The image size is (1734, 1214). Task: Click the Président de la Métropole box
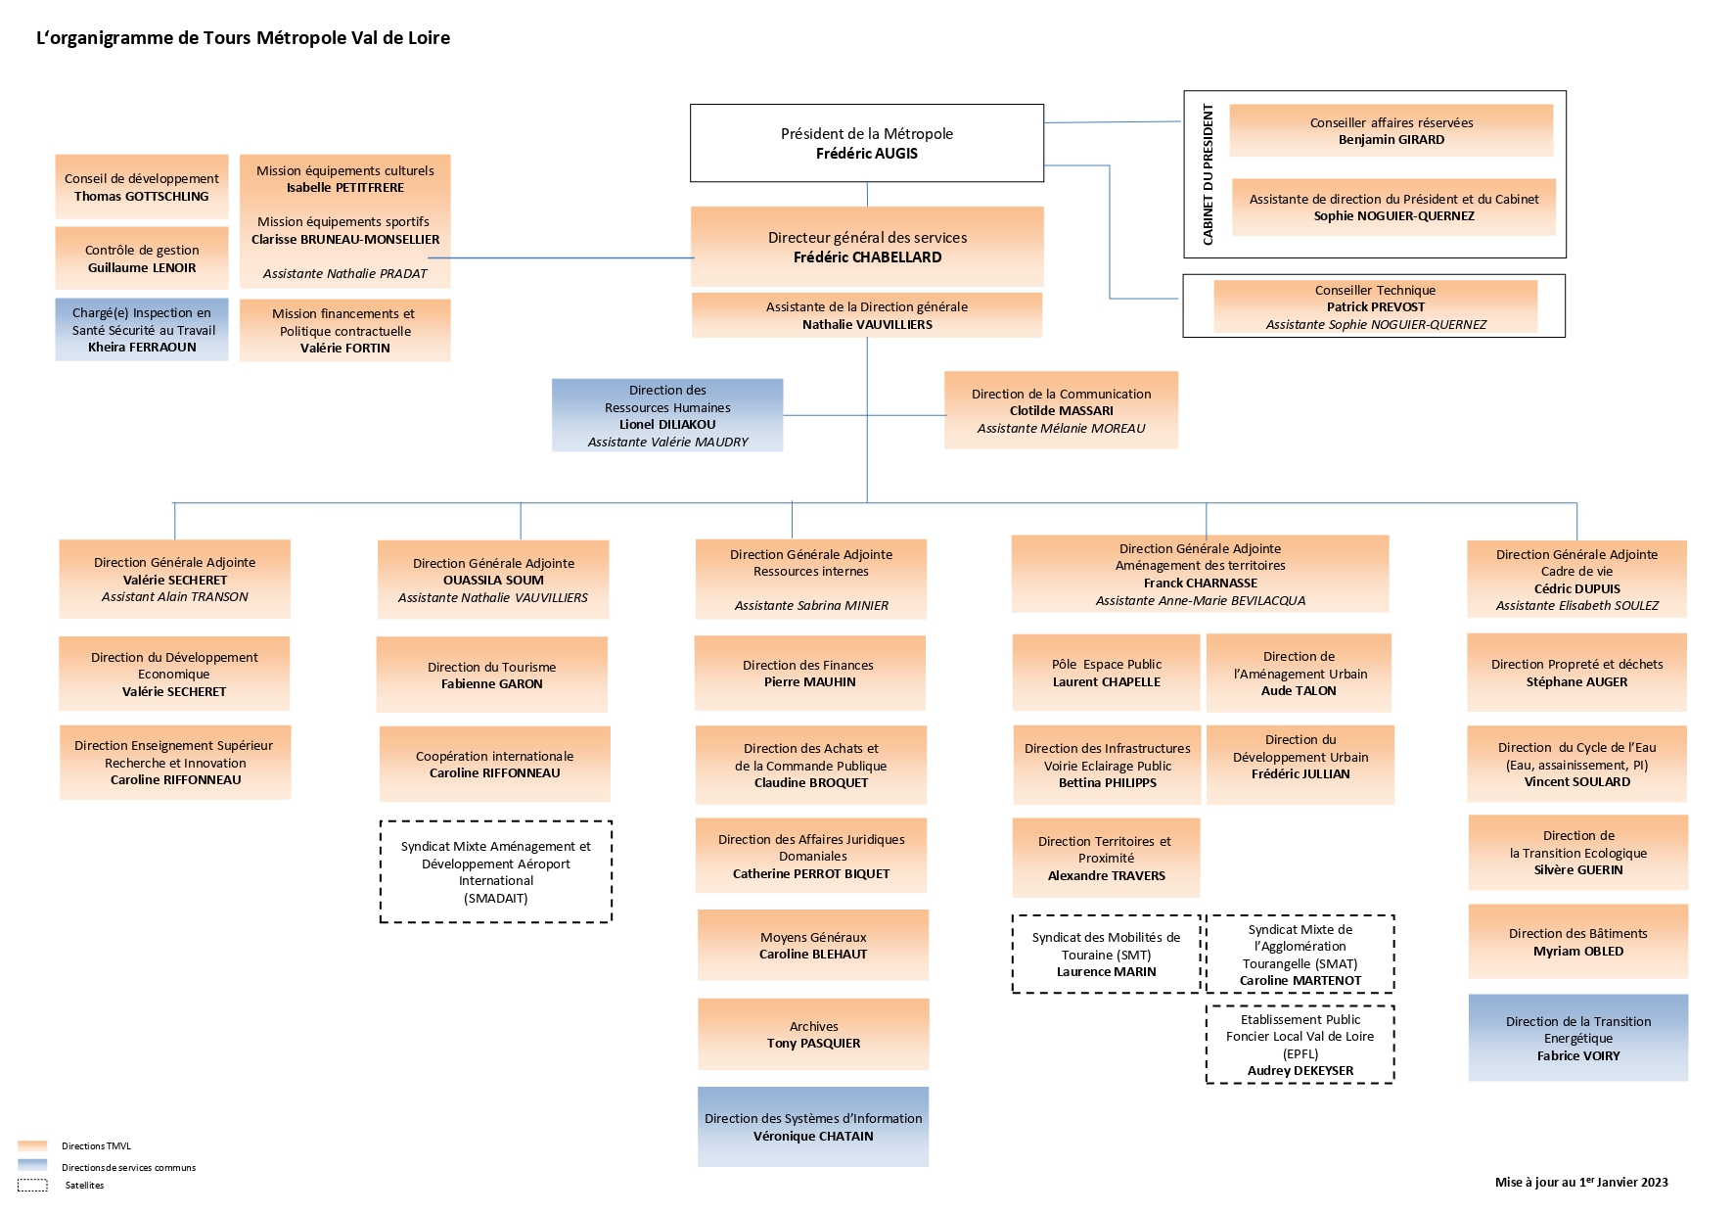pos(867,143)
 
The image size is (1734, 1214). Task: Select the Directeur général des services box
pos(867,247)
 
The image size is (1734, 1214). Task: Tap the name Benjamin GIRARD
pos(1392,140)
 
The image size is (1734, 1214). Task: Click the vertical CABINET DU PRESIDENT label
pos(1208,174)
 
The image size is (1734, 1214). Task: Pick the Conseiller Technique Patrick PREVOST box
pos(1375,306)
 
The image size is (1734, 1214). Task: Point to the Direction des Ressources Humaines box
pos(667,415)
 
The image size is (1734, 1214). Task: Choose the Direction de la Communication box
pos(1061,410)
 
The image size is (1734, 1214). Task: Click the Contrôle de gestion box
pos(142,258)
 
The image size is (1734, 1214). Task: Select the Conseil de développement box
pos(142,187)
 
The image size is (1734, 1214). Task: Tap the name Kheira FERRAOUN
pos(142,348)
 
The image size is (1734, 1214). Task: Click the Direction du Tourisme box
pos(491,675)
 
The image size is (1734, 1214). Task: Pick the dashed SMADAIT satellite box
pos(496,871)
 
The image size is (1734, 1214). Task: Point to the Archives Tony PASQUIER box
pos(813,1034)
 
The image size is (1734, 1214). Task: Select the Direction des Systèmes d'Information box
pos(813,1127)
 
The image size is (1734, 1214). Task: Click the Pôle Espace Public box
pos(1106,673)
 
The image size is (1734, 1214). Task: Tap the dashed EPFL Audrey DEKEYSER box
pos(1300,1045)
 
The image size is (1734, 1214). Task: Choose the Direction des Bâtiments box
pos(1577,942)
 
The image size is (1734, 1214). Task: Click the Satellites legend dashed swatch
pos(32,1186)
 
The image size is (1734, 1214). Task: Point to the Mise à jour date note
pos(1581,1182)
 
